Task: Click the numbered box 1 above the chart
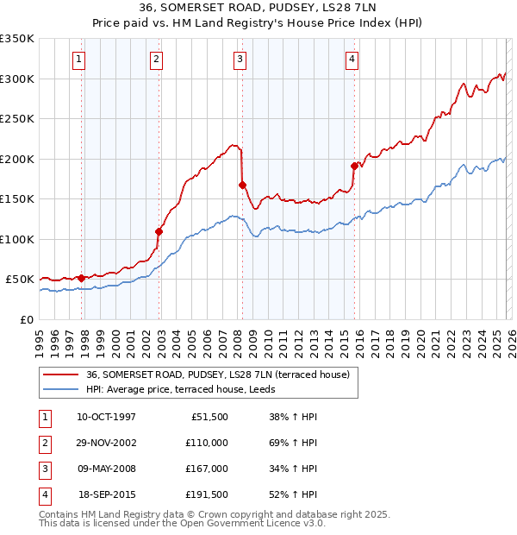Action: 78,60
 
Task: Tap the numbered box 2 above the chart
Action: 156,60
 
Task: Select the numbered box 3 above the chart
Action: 239,60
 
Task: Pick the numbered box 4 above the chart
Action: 352,60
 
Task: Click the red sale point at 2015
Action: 354,166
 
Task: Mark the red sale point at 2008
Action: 242,185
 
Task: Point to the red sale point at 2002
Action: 159,230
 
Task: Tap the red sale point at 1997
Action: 82,278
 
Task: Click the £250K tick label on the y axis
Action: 17,119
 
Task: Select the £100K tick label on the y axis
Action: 17,239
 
